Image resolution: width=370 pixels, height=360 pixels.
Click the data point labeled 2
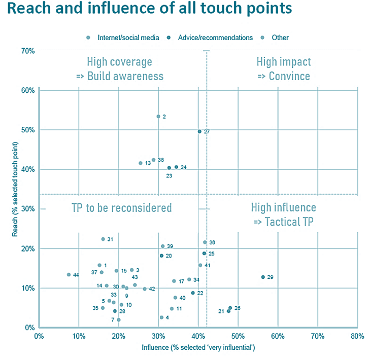[158, 116]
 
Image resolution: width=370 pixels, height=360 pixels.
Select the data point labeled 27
[199, 131]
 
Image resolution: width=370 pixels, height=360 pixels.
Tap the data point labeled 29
[263, 277]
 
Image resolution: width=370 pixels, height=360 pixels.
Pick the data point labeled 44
[69, 275]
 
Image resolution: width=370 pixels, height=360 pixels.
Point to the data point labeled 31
[103, 239]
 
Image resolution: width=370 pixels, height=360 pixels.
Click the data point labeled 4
[161, 317]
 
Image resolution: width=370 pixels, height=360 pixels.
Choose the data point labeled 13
[141, 163]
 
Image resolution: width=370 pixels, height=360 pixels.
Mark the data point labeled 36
[205, 242]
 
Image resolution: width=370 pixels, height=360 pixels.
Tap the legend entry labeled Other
[280, 38]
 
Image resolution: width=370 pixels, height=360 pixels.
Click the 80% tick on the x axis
[357, 336]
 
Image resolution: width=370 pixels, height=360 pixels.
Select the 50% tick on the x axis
[238, 336]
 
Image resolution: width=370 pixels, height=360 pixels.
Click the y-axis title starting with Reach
[17, 189]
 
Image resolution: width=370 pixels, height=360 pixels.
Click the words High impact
[284, 62]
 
